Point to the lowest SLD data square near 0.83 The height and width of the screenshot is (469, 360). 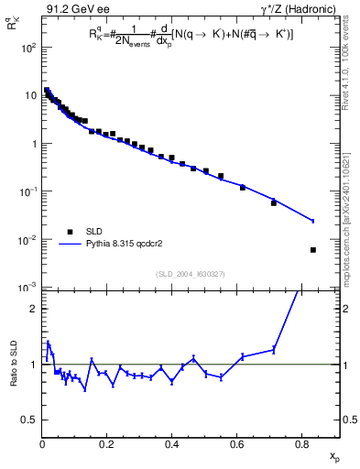pyautogui.click(x=313, y=250)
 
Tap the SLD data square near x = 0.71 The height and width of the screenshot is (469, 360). pyautogui.click(x=274, y=202)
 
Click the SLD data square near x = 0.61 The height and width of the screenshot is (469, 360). pyautogui.click(x=243, y=187)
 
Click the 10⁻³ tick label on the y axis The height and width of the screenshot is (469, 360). pyautogui.click(x=28, y=289)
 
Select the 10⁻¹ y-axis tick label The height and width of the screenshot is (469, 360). pyautogui.click(x=28, y=192)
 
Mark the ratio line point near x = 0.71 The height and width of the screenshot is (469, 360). pyautogui.click(x=274, y=349)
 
